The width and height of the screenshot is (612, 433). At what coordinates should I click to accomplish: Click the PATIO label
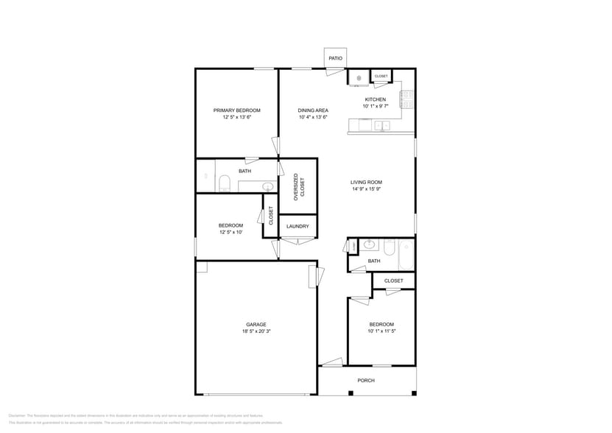pos(335,58)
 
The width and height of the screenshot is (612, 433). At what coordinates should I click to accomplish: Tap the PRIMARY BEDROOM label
pos(237,110)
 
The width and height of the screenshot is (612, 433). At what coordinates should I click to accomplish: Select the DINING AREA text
pos(313,110)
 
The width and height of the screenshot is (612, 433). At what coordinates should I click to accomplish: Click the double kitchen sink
pos(381,126)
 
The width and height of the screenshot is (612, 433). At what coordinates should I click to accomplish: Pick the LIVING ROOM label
pos(366,182)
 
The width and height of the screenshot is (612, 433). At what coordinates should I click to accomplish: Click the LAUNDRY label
pos(298,226)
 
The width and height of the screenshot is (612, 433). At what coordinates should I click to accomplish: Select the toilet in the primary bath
pos(225,183)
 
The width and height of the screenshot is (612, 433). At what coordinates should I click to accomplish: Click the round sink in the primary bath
pos(269,186)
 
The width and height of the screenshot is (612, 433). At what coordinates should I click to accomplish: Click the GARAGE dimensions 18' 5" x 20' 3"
pos(256,331)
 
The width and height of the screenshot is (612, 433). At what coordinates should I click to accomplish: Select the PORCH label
pos(366,380)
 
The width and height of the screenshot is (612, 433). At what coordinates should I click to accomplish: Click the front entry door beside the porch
pos(331,362)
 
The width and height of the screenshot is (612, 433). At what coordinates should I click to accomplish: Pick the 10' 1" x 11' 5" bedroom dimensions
pos(381,331)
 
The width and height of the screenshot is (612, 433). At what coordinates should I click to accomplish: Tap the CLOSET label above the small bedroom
pos(393,281)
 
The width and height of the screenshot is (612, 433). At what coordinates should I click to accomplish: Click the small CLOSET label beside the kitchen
pos(381,76)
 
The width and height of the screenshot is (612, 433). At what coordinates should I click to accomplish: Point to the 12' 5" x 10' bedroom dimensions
pos(230,232)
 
